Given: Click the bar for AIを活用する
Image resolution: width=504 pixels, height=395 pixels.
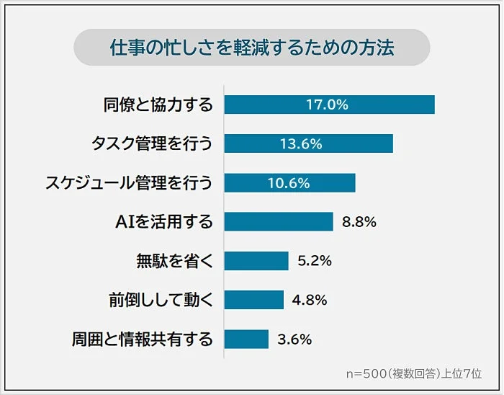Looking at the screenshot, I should pyautogui.click(x=278, y=222).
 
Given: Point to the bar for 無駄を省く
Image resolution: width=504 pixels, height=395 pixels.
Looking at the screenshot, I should pyautogui.click(x=256, y=261).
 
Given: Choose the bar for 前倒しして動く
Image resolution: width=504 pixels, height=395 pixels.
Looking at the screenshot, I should pyautogui.click(x=253, y=300).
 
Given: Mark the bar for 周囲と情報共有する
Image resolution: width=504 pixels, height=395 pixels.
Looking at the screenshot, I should pyautogui.click(x=246, y=339).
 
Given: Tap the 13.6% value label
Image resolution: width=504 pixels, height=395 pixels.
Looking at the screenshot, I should pyautogui.click(x=300, y=143).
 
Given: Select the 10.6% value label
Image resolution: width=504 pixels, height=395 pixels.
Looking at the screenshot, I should pyautogui.click(x=288, y=183).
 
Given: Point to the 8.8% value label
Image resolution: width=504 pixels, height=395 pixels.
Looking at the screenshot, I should pyautogui.click(x=359, y=222).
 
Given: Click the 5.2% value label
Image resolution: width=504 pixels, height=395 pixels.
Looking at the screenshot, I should pyautogui.click(x=314, y=261).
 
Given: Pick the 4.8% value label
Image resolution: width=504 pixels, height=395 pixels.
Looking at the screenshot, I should pyautogui.click(x=310, y=300).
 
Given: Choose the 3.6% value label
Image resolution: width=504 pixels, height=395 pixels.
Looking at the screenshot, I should pyautogui.click(x=294, y=339).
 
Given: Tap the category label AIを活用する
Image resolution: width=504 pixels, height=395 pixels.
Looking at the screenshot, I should pyautogui.click(x=164, y=222).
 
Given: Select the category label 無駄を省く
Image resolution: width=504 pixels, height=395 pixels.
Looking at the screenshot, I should pyautogui.click(x=174, y=261).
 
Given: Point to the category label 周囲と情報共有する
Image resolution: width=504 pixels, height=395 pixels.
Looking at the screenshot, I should pyautogui.click(x=143, y=339).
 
